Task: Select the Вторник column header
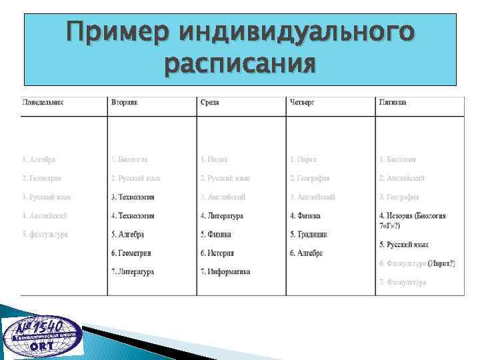click(127, 103)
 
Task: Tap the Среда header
click(209, 103)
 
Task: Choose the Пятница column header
click(393, 103)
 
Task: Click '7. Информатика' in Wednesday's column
click(225, 272)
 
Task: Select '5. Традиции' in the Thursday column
click(308, 235)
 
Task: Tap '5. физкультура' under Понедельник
click(45, 235)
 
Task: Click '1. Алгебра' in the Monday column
click(39, 160)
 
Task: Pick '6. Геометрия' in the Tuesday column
click(131, 253)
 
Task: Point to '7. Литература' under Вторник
click(133, 272)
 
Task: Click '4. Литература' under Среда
click(221, 216)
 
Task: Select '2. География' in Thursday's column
click(310, 179)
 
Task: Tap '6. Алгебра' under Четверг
click(307, 253)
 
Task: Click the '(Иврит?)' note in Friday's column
click(441, 264)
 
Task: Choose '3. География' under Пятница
click(399, 197)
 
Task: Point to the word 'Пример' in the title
click(115, 31)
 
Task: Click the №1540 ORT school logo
click(42, 337)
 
